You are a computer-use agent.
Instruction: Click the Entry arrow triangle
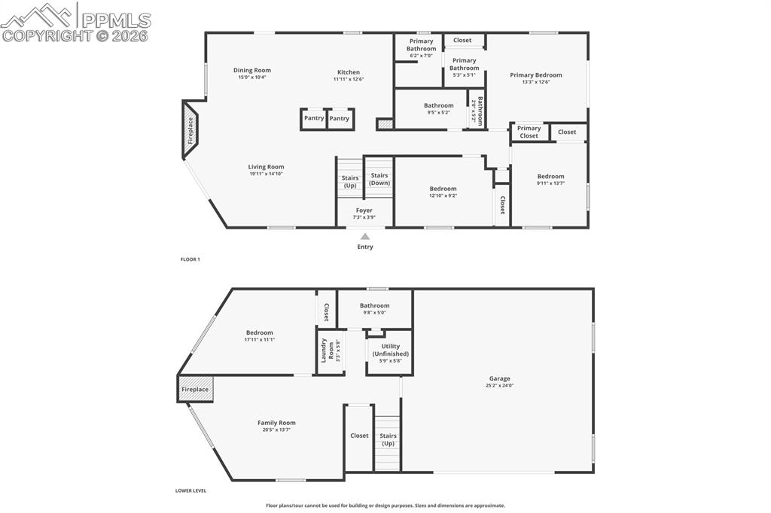click(365, 236)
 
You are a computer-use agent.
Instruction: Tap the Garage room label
click(499, 378)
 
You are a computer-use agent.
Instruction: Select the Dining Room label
click(251, 70)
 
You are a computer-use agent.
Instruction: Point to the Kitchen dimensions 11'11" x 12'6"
click(349, 79)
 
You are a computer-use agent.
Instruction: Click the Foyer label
click(364, 211)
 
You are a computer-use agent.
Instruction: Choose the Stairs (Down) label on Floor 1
click(379, 179)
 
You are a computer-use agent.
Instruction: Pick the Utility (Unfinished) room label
click(390, 350)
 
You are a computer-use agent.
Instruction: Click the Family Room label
click(276, 423)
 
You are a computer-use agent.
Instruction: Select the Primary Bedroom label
click(535, 75)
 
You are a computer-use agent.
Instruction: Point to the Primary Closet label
click(529, 132)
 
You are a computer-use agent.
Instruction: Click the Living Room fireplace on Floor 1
click(190, 130)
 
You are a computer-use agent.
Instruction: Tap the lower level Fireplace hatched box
click(196, 390)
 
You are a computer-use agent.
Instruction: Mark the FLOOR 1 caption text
click(190, 260)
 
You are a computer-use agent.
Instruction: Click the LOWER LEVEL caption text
click(190, 490)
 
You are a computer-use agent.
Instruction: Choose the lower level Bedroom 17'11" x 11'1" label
click(259, 332)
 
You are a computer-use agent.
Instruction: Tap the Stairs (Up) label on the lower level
click(388, 439)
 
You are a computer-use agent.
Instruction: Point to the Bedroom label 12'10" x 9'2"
click(443, 189)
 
